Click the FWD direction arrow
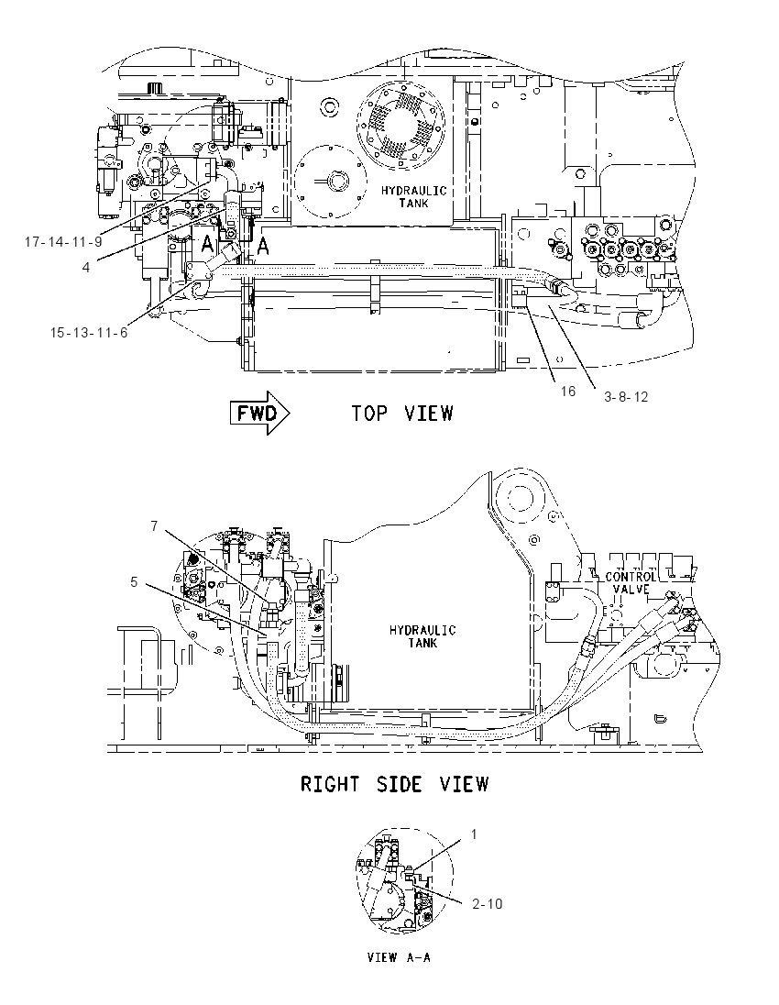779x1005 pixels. point(259,414)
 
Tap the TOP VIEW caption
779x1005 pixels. point(402,414)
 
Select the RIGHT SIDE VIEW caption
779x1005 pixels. point(395,784)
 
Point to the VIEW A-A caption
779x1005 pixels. point(399,957)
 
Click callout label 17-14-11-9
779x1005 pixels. point(63,242)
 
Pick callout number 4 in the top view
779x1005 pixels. point(86,267)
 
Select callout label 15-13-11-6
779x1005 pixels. point(89,332)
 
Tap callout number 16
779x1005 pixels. point(568,391)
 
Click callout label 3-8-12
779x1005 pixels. point(626,397)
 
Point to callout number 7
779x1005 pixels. point(154,526)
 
